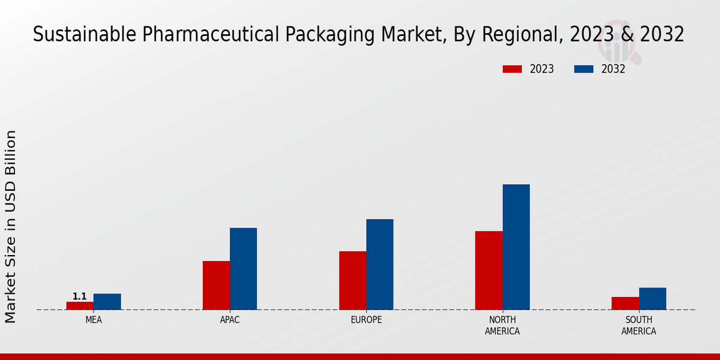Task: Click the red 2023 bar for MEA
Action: (x=80, y=305)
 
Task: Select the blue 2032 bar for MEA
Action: (x=107, y=301)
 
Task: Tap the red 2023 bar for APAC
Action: (x=216, y=285)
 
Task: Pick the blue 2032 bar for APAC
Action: (x=243, y=268)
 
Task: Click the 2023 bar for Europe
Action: (x=352, y=280)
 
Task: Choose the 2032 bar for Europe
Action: (x=380, y=264)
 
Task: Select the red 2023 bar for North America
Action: (x=488, y=270)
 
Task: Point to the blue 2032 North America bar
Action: (x=516, y=247)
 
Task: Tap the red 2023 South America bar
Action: (x=625, y=303)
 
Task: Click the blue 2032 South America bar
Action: (x=652, y=298)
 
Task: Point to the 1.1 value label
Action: (x=80, y=296)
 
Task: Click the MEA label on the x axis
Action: (x=94, y=320)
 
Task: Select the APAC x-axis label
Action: (x=230, y=320)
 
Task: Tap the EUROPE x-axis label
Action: (x=366, y=320)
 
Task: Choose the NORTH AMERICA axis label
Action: (x=502, y=325)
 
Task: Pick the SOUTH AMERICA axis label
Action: (x=638, y=325)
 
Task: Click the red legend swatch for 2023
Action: (x=512, y=69)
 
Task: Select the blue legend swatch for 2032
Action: (x=583, y=69)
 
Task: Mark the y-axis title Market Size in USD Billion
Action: (x=11, y=226)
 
